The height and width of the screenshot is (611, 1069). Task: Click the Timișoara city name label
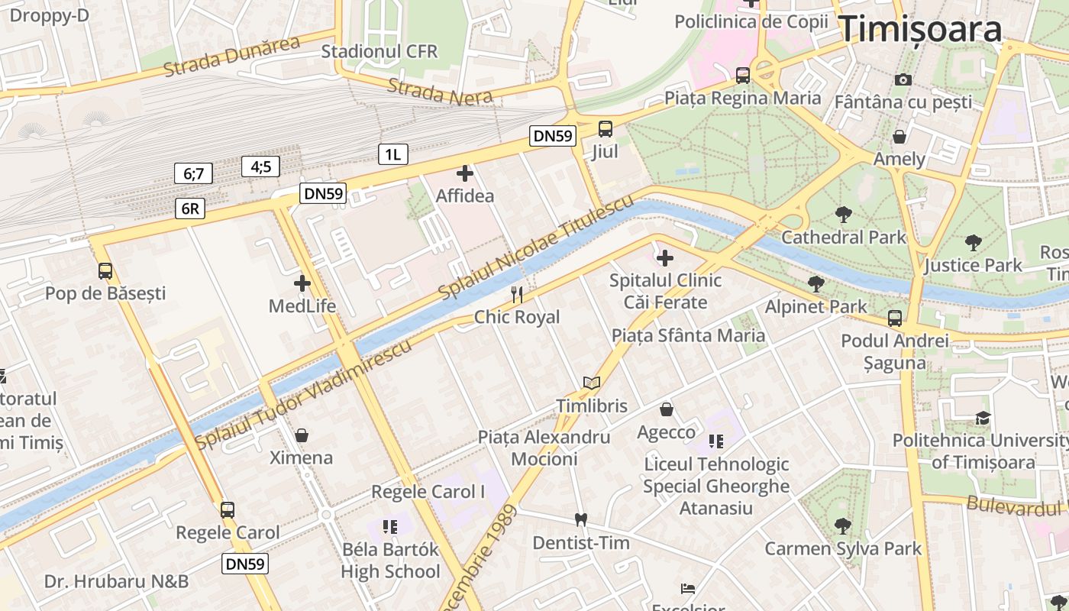click(920, 29)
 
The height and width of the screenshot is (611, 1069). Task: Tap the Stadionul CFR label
click(379, 51)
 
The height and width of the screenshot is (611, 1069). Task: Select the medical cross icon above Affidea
click(464, 173)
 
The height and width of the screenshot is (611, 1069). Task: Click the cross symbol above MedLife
click(302, 283)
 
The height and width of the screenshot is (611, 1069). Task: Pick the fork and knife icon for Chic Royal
click(517, 295)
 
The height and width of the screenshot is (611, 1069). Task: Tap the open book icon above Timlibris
click(592, 383)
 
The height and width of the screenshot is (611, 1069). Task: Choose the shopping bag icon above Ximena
click(302, 435)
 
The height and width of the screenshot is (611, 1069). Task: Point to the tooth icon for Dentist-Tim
click(580, 519)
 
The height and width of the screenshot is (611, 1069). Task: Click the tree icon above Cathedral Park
click(843, 215)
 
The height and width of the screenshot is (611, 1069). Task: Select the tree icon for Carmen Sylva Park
click(843, 525)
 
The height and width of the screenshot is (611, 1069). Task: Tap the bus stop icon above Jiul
click(605, 128)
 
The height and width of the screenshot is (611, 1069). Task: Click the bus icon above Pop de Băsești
click(105, 270)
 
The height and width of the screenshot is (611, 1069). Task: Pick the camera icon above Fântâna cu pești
click(903, 79)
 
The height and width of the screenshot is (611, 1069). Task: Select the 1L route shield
click(392, 154)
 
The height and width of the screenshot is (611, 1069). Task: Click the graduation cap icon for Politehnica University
click(983, 418)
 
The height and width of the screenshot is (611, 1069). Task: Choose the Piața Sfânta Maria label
click(688, 335)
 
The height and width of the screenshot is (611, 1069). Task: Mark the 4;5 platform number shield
click(261, 166)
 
